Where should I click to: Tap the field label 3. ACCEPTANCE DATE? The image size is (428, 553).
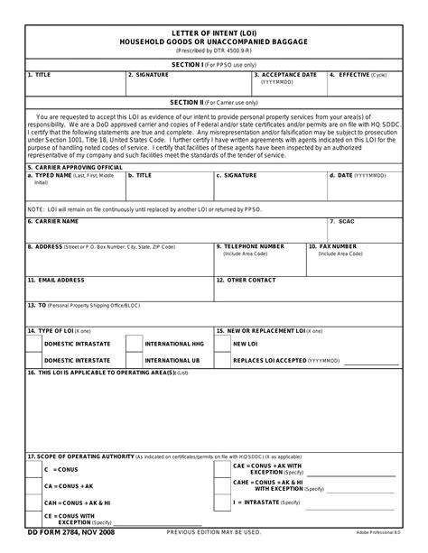click(285, 75)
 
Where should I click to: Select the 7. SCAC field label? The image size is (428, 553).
click(343, 221)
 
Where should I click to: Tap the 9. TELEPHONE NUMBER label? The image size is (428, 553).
click(251, 245)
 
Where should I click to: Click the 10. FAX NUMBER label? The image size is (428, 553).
click(332, 245)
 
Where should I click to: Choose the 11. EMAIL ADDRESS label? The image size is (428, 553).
click(56, 281)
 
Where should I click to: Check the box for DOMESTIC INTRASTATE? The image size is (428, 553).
click(33, 344)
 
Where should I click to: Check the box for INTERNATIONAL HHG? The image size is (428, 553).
click(134, 344)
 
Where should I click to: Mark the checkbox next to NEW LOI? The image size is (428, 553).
click(222, 344)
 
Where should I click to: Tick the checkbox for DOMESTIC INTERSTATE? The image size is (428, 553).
click(33, 360)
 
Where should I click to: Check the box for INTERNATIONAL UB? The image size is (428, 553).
click(134, 360)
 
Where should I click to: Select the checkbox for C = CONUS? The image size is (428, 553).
click(33, 471)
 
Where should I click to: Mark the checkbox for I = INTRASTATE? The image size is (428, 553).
click(222, 502)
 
